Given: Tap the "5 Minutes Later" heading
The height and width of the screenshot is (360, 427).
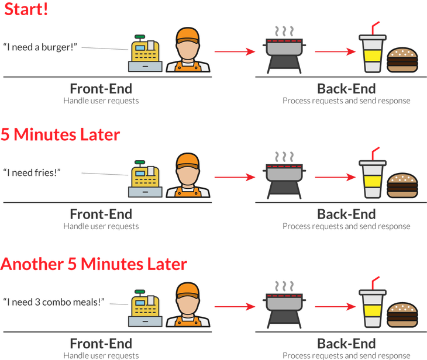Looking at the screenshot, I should pos(60,135).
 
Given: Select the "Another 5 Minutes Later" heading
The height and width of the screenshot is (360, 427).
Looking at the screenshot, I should pos(94,264).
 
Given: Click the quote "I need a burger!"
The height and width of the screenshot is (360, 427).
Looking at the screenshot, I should pos(40,46).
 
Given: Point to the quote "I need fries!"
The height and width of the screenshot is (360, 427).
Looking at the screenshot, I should pos(32,172).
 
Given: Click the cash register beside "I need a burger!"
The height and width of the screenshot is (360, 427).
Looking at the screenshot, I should pos(144,54).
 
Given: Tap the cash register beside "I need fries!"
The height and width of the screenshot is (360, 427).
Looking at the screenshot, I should pos(144,180).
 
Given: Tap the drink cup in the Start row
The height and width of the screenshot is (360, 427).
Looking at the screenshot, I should pos(372,50).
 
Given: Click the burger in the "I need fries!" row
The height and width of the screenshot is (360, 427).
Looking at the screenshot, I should pos(402,185).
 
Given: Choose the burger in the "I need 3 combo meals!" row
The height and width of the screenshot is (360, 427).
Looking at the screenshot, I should pos(402,314).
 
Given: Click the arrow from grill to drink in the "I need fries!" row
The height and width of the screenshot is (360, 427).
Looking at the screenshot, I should pos(336,176).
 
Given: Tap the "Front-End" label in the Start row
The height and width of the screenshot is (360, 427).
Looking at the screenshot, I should pos(101,89).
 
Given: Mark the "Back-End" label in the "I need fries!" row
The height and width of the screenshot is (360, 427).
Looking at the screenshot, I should pos(346,214).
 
